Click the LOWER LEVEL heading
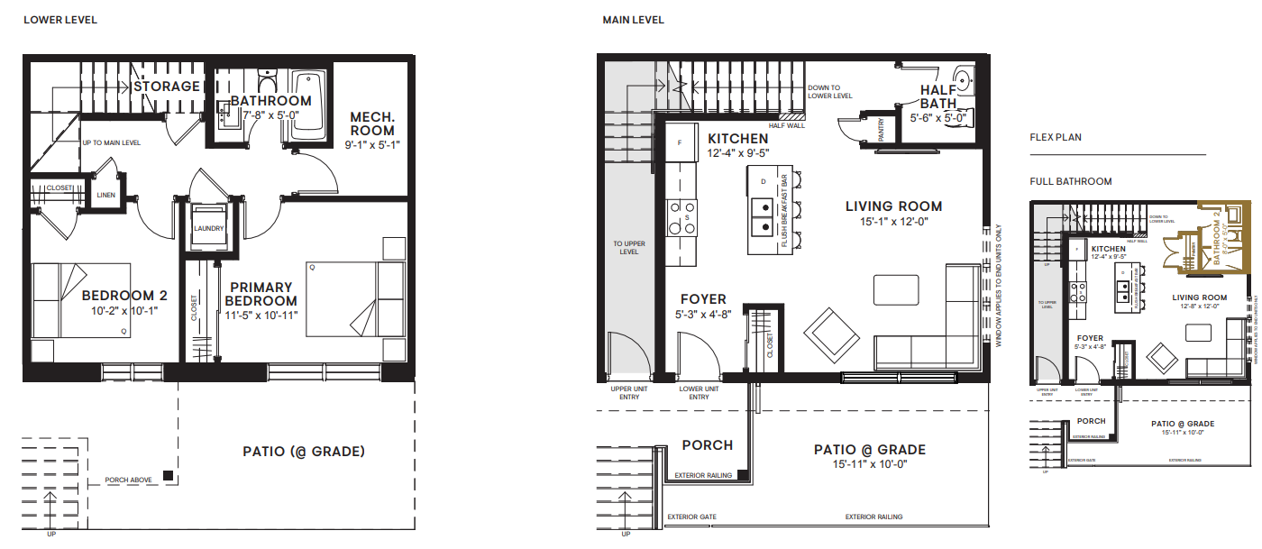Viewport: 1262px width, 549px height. click(59, 20)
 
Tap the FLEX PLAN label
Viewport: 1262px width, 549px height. click(1056, 138)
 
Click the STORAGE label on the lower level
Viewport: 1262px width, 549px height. click(167, 87)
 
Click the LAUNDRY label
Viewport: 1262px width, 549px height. click(208, 228)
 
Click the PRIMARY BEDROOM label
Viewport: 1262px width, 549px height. click(261, 294)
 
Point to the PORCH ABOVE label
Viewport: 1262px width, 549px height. click(128, 480)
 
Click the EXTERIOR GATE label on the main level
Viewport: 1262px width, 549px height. click(691, 517)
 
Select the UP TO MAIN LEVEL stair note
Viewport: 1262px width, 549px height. click(111, 142)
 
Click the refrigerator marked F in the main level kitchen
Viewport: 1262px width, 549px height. click(679, 143)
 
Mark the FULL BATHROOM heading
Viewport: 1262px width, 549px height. click(1071, 181)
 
